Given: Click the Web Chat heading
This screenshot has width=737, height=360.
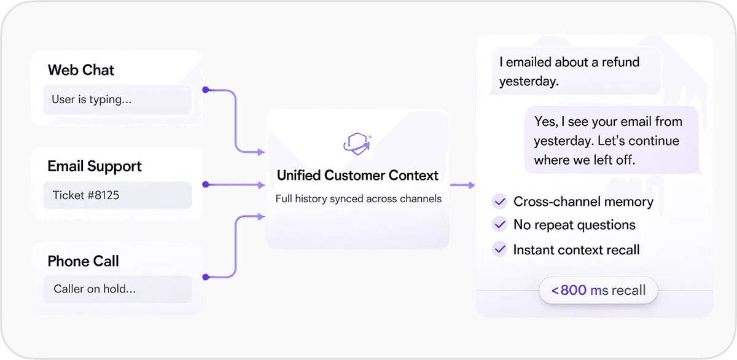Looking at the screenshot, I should pyautogui.click(x=81, y=70).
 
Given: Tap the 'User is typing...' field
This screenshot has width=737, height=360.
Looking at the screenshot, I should pyautogui.click(x=117, y=100).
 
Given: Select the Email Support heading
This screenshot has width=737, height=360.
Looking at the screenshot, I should pyautogui.click(x=95, y=166).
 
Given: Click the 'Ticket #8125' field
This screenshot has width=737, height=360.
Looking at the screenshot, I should pyautogui.click(x=117, y=195).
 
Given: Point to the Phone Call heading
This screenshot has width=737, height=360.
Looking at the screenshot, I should pyautogui.click(x=84, y=261).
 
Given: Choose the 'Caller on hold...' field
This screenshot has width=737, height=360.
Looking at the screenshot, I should pyautogui.click(x=117, y=289).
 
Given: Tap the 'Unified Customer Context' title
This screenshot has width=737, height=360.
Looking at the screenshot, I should pyautogui.click(x=357, y=176).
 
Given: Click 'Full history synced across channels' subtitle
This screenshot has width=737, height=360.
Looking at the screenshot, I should pyautogui.click(x=358, y=199).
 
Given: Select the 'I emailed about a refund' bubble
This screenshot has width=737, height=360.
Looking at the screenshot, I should pyautogui.click(x=574, y=71).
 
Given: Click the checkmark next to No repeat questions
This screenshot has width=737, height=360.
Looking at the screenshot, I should pyautogui.click(x=500, y=225).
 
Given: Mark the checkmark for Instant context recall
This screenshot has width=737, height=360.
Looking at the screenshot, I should pyautogui.click(x=500, y=249).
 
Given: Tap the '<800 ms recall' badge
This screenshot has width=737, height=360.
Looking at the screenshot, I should pyautogui.click(x=598, y=290).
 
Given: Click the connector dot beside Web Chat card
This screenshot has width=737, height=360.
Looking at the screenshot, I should pyautogui.click(x=206, y=90).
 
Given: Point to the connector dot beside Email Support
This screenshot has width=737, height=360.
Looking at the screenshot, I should pyautogui.click(x=206, y=184).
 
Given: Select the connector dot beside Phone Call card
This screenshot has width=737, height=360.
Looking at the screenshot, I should pyautogui.click(x=206, y=278).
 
